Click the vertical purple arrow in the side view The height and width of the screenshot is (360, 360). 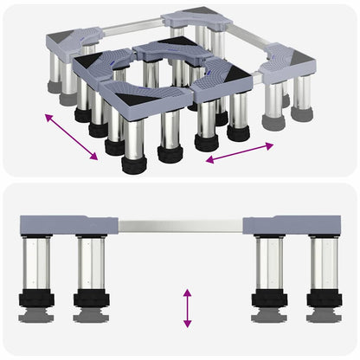187,308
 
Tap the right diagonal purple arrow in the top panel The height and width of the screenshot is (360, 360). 240,154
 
